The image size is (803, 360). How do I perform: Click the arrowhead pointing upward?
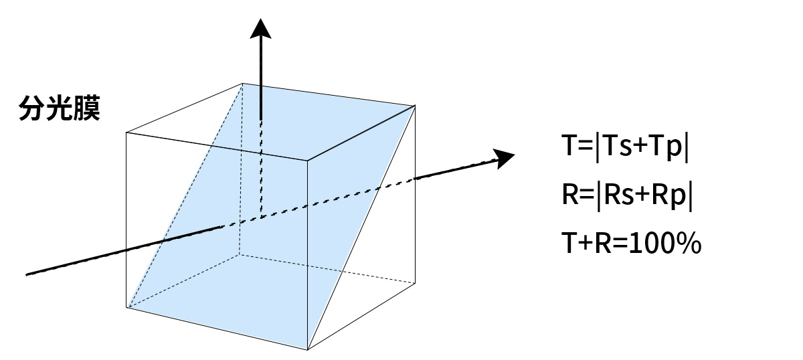pyautogui.click(x=260, y=30)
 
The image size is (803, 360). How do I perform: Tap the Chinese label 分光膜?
pyautogui.click(x=60, y=108)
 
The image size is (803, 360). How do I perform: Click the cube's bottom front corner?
pyautogui.click(x=307, y=349)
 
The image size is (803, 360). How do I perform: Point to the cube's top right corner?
pyautogui.click(x=416, y=105)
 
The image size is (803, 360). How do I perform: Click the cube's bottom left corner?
pyautogui.click(x=127, y=307)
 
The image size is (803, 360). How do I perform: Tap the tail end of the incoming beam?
pyautogui.click(x=27, y=274)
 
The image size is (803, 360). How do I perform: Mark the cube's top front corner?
pyautogui.click(x=307, y=161)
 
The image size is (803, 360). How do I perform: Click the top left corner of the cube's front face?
pyautogui.click(x=127, y=132)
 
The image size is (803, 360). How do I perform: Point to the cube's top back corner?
pyautogui.click(x=242, y=83)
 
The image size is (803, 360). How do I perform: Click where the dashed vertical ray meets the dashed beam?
pyautogui.click(x=260, y=216)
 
